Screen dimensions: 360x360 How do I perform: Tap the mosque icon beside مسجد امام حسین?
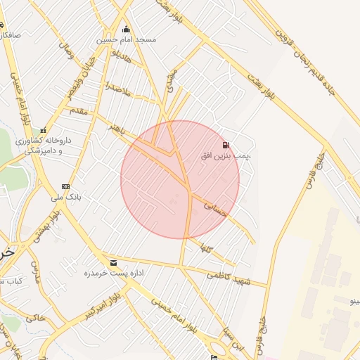pos(127,29)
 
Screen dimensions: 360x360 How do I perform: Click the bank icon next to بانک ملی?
pos(65,186)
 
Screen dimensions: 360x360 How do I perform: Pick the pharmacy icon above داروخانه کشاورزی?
pos(44,130)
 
